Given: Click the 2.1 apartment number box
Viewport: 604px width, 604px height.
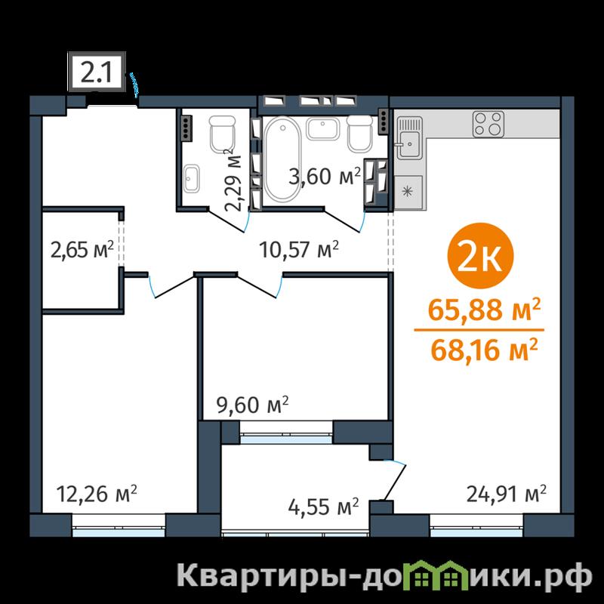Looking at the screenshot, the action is tap(97, 72).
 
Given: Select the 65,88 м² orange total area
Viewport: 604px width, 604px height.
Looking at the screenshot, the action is tap(484, 310).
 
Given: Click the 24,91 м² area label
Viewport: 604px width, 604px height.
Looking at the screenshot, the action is tap(506, 494).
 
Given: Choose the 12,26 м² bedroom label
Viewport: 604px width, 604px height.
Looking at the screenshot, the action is tap(97, 494).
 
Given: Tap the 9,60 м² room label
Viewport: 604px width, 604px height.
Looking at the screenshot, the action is tap(253, 405).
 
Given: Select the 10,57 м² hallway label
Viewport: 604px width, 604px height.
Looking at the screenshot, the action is tap(299, 249).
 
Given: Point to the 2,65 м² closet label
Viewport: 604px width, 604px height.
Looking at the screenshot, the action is tap(82, 250).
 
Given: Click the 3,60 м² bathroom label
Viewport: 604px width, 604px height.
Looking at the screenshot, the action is tap(325, 176).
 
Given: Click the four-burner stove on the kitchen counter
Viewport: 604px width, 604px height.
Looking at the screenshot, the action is tap(488, 124).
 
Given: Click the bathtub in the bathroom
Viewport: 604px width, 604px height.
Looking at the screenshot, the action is tap(282, 159).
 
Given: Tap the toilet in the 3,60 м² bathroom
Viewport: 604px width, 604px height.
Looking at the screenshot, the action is tap(360, 134).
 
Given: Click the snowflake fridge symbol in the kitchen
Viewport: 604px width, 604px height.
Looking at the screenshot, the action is tap(408, 192).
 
